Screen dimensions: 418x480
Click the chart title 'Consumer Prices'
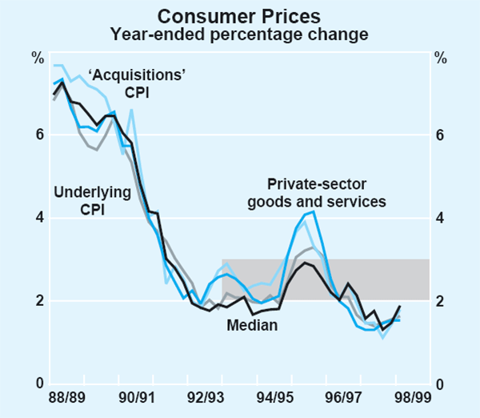[x=239, y=15]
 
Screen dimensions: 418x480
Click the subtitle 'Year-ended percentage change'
[x=239, y=34]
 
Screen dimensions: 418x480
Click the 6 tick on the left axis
[x=38, y=135]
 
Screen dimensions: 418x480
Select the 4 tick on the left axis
[x=38, y=218]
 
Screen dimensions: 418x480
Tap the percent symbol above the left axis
[x=38, y=57]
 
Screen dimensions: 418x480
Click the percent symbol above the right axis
[x=441, y=57]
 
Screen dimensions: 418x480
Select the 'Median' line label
[x=251, y=325]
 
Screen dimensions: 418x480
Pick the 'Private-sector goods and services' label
[x=326, y=193]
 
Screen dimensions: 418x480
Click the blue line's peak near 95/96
[x=314, y=211]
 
